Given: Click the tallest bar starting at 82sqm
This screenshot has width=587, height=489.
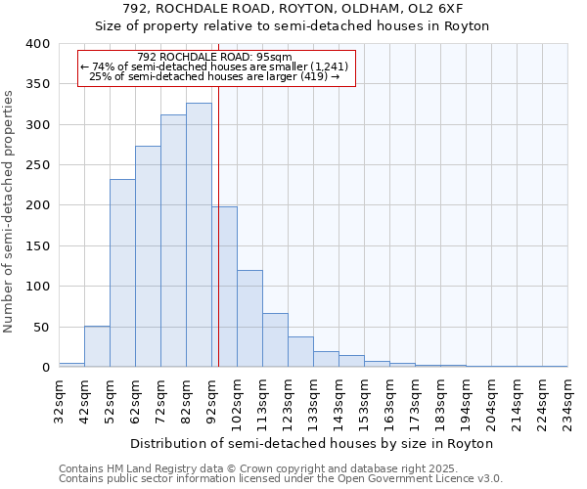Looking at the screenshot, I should coord(199,235).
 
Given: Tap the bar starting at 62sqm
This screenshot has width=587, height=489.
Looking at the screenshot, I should coord(148,256).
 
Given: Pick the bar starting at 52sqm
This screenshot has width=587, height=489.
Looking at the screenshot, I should coord(122,273).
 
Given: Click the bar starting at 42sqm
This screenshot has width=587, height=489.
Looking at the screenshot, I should coord(97,346).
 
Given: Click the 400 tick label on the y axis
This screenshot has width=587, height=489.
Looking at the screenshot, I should coord(38,44).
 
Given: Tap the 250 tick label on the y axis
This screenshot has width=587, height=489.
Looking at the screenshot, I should coord(38,165).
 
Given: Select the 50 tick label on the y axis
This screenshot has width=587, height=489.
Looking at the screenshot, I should coord(42,327).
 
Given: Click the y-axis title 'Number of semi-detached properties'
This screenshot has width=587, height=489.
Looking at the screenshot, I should coord(9,211).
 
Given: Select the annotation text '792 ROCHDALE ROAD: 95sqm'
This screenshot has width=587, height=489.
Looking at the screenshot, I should coord(215,57).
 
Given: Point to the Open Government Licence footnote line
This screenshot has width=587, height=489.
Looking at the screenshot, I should coord(281,479).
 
